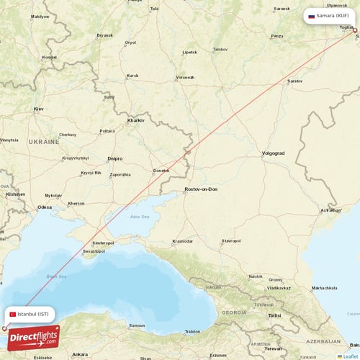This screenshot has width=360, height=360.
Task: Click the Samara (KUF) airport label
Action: (330, 15)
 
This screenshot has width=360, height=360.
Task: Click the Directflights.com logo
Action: (34, 338)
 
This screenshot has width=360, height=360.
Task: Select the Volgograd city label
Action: (274, 153)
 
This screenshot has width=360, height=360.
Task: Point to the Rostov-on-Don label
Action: (202, 189)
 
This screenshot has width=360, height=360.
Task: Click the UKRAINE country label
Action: (43, 143)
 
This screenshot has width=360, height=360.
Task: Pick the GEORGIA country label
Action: (233, 312)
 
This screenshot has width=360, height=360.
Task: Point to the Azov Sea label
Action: (140, 215)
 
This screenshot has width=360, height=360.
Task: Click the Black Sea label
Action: (56, 276)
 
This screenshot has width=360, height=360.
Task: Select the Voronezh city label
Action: (185, 77)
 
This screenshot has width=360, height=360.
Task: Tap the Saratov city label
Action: (294, 81)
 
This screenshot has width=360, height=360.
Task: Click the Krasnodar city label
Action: (182, 241)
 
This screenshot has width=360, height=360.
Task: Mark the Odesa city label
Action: (45, 207)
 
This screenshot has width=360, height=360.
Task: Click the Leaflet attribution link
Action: (349, 356)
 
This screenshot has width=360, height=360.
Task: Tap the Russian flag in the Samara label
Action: (312, 16)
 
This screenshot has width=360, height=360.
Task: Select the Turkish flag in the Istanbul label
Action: (13, 314)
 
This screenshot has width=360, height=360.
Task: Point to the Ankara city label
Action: (80, 354)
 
